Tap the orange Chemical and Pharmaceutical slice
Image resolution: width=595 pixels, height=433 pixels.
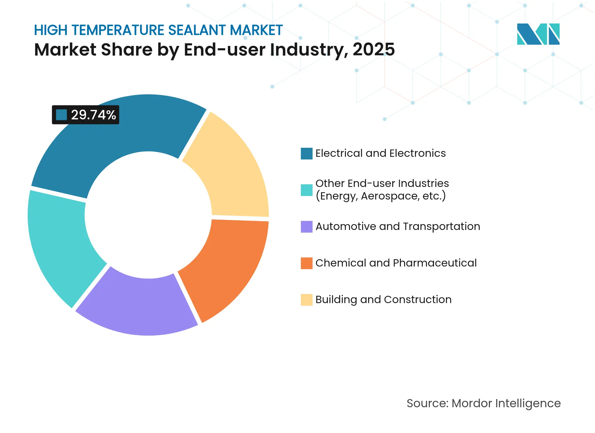click(x=228, y=263)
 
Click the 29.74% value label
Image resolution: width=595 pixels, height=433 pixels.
click(x=93, y=115)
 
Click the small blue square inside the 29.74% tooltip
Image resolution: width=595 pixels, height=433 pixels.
click(x=61, y=115)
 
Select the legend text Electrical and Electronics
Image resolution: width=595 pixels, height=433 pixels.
click(x=380, y=153)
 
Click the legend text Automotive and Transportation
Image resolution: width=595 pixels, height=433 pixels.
click(x=398, y=226)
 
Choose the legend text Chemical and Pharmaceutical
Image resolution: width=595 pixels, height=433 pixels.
click(x=396, y=263)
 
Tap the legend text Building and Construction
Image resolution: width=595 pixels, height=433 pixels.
click(x=383, y=300)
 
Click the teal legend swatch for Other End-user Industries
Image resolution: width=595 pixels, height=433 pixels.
click(x=306, y=190)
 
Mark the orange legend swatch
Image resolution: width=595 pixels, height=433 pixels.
click(x=306, y=263)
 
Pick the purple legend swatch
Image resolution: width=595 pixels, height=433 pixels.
click(x=306, y=226)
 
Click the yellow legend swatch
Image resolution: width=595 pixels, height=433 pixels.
click(x=306, y=300)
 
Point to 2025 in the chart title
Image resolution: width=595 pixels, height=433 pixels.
click(x=373, y=49)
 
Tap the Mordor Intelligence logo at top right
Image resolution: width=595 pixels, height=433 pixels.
click(x=538, y=34)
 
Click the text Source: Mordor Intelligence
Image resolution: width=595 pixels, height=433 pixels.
click(x=484, y=403)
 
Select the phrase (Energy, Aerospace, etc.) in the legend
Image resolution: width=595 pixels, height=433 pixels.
click(x=380, y=196)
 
